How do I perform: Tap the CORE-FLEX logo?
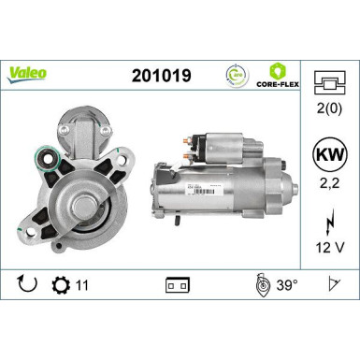pyautogui.click(x=278, y=74)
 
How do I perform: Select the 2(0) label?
pyautogui.click(x=328, y=119)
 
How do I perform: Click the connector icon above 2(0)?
pyautogui.click(x=328, y=85)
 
